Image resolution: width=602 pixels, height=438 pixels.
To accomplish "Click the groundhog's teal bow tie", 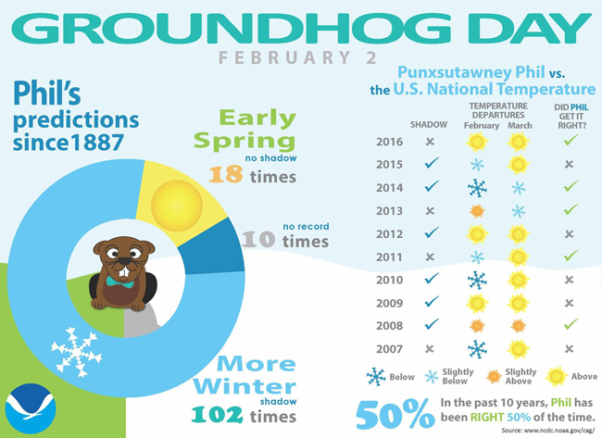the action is [120, 282].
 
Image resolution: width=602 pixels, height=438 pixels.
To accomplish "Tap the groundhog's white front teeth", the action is [124, 271].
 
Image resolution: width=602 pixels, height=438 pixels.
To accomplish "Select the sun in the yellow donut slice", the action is [177, 206].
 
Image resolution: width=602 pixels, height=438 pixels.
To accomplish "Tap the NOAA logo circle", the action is [31, 408].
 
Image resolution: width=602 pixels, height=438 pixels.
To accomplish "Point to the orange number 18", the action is [226, 174].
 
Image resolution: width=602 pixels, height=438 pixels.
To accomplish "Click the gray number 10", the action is [258, 239].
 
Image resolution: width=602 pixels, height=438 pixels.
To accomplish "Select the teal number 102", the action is [217, 415].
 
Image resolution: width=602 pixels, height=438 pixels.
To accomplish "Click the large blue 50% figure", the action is [395, 414].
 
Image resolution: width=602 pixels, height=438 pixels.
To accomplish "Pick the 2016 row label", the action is [389, 142].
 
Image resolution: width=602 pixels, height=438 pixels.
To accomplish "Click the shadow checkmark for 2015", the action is [432, 163].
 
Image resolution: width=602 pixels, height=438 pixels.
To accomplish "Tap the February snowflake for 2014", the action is [477, 188].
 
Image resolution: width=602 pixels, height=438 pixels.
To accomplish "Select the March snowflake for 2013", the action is [519, 211].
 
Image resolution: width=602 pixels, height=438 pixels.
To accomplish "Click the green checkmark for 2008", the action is [571, 324].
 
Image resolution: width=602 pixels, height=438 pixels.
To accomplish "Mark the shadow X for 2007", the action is [430, 349].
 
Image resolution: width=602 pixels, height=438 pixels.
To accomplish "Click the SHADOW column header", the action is [429, 125].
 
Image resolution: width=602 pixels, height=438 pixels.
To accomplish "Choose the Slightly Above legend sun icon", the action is [494, 377].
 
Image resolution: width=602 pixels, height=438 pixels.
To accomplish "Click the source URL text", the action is [548, 431].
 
